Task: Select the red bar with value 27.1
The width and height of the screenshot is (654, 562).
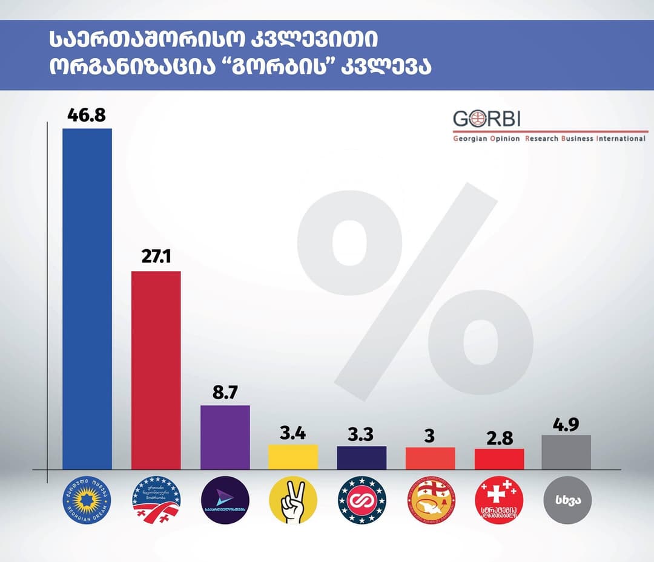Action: click(x=156, y=370)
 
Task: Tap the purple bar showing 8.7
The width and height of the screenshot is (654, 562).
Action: click(x=225, y=437)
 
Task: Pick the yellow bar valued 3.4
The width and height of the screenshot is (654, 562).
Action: click(x=293, y=457)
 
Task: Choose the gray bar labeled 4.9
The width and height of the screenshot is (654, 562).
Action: click(x=566, y=452)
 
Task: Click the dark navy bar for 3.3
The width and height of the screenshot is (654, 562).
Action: click(x=362, y=457)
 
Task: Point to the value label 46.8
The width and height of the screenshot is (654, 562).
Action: click(x=87, y=116)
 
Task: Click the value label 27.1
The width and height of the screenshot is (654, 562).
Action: click(x=156, y=258)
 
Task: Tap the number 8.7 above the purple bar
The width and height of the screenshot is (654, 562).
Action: click(x=225, y=392)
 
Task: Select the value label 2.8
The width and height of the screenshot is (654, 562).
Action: click(x=499, y=437)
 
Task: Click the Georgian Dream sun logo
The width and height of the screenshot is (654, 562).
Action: click(x=87, y=500)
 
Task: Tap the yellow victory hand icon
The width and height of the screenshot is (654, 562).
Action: click(x=293, y=500)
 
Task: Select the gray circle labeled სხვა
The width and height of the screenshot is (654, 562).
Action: click(x=566, y=500)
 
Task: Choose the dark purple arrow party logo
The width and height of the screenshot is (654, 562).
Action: click(x=225, y=500)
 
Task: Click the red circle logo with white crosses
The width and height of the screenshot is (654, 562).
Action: click(x=499, y=500)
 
